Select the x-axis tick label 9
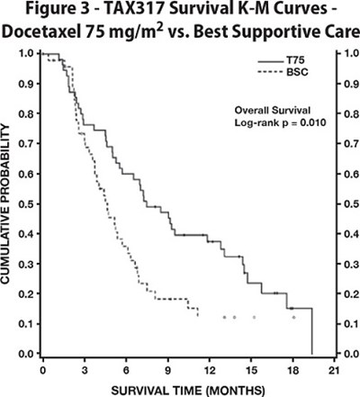point(167,370)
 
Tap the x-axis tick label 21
point(334,370)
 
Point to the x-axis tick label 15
point(250,370)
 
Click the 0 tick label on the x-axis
point(42,370)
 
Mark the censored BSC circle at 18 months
point(292,317)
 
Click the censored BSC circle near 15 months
point(254,317)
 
